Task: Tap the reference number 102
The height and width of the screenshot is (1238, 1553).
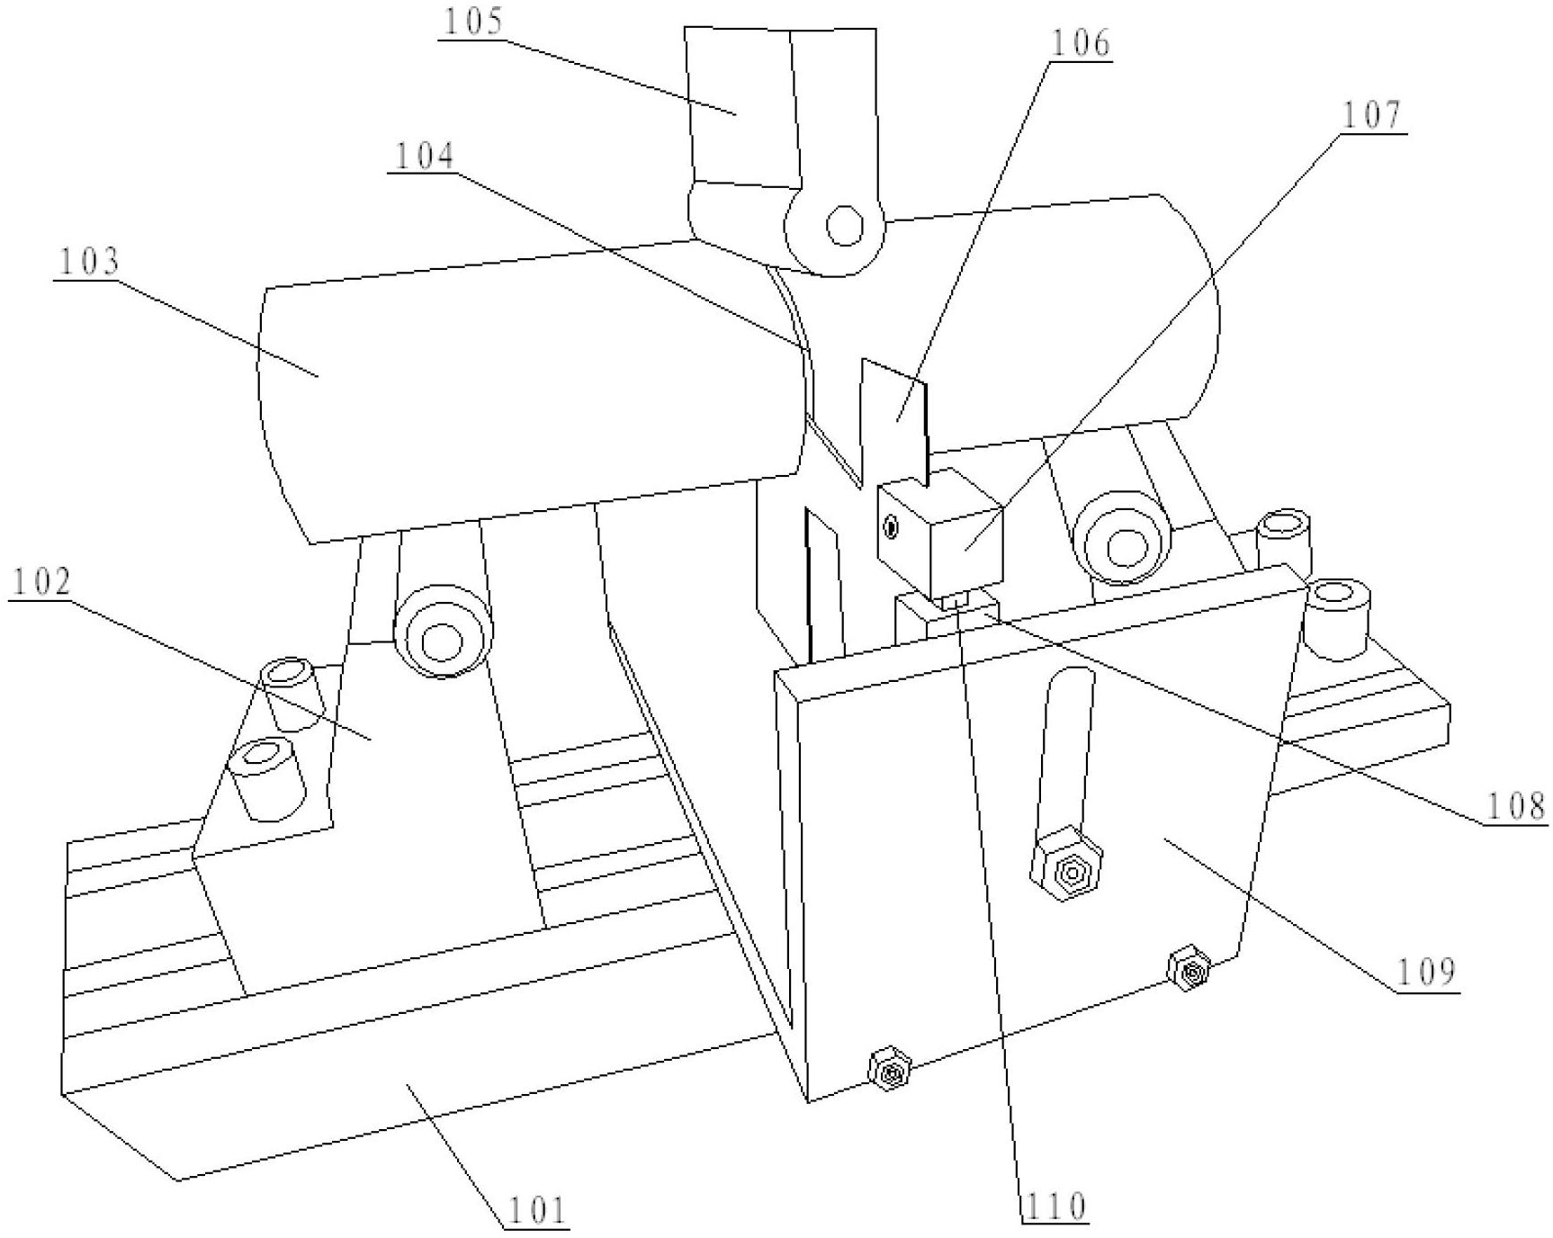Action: (x=41, y=583)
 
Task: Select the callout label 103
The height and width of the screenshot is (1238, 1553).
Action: (x=88, y=262)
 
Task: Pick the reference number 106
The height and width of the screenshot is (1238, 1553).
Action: (x=1080, y=42)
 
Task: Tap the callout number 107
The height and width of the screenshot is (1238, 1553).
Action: (x=1372, y=116)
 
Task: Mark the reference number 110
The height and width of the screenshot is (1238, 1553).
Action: (x=1055, y=1206)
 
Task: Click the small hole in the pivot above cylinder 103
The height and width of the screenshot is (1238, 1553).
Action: (x=844, y=225)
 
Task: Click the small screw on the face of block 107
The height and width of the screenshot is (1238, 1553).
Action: (x=891, y=527)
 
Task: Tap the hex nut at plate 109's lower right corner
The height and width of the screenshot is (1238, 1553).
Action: (x=1189, y=970)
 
